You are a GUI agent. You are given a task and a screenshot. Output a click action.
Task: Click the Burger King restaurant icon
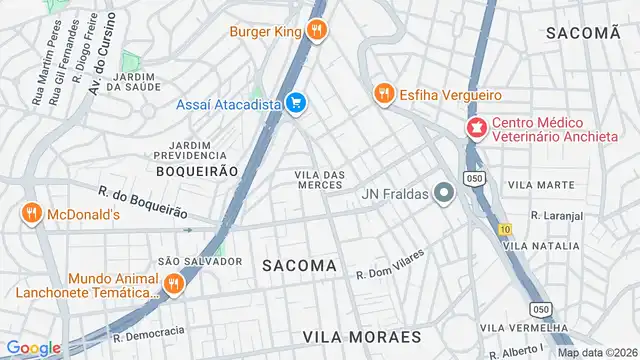pyautogui.click(x=317, y=31)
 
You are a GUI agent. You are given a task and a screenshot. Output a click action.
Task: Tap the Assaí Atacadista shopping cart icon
pyautogui.click(x=295, y=102)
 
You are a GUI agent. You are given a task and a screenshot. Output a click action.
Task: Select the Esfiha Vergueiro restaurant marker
pyautogui.click(x=382, y=94)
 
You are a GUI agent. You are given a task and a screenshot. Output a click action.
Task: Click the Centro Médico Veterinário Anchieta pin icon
pyautogui.click(x=476, y=128)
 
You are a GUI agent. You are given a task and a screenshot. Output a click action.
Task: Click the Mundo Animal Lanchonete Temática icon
pyautogui.click(x=173, y=285)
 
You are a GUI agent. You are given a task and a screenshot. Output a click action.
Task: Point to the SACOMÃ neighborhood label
pyautogui.click(x=584, y=33)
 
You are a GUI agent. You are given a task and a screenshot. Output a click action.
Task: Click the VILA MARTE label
pyautogui.click(x=541, y=185)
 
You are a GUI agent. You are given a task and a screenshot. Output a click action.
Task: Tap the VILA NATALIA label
pyautogui.click(x=541, y=245)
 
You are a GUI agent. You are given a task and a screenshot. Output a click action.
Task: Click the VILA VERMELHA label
pyautogui.click(x=518, y=328)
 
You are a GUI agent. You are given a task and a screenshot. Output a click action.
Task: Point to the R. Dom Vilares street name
pyautogui.click(x=390, y=263)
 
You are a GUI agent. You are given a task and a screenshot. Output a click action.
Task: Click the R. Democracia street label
pyautogui.click(x=149, y=332)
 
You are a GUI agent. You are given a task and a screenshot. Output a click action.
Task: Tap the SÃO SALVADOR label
pyautogui.click(x=200, y=261)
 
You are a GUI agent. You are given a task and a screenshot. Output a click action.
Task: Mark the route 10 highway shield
pyautogui.click(x=503, y=229)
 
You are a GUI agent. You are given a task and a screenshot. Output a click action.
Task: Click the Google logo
pyautogui.click(x=33, y=348)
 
